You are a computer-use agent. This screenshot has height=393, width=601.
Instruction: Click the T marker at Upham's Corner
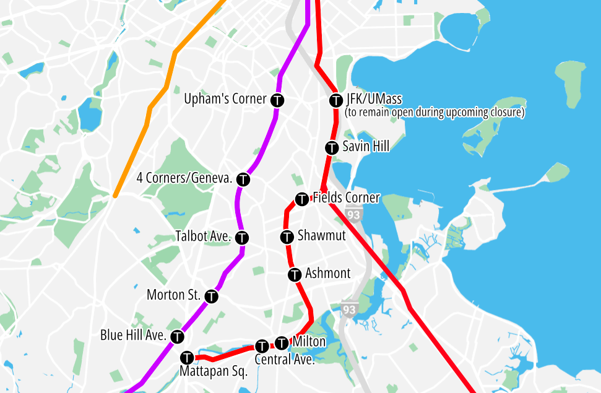(x=278, y=100)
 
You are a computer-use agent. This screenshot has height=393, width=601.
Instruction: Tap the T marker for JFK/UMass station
(x=336, y=100)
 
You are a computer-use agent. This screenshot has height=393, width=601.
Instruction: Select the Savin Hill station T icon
(x=332, y=147)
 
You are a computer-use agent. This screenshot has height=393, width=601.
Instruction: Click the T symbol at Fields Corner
(x=302, y=199)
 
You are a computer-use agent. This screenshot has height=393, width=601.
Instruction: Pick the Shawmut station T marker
(x=287, y=236)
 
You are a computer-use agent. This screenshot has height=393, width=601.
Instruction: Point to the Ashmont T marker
(x=295, y=274)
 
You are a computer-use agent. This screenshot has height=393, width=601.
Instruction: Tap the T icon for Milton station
(x=282, y=342)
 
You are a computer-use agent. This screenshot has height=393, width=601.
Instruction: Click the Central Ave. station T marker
(x=262, y=345)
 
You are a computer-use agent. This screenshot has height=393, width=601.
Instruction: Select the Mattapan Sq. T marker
(x=187, y=358)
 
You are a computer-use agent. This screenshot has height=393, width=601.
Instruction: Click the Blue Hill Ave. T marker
(x=178, y=337)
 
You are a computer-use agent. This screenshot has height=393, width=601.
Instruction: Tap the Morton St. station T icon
(x=211, y=296)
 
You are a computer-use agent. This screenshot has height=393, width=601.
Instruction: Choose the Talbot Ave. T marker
(x=242, y=237)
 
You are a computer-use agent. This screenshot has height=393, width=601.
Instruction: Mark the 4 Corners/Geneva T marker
(x=243, y=179)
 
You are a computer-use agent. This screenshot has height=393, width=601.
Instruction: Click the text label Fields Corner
(x=346, y=198)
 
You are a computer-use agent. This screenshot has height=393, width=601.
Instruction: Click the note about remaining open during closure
(x=435, y=113)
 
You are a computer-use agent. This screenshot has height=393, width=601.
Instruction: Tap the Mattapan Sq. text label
(x=214, y=372)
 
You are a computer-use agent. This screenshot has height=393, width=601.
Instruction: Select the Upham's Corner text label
(x=225, y=99)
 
